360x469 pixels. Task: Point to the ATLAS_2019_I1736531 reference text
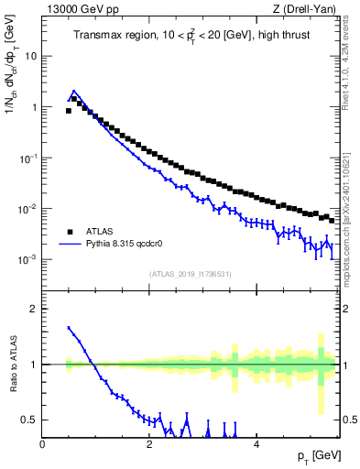pos(188,274)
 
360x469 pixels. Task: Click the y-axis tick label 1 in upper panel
pos(34,107)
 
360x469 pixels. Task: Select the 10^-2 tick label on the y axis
pos(28,209)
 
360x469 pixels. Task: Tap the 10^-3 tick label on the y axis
pos(28,260)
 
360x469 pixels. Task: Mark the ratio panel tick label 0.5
pos(30,420)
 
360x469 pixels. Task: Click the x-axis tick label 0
pos(42,444)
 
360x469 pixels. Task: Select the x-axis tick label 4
pos(256,444)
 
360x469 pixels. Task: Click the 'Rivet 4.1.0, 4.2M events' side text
pos(352,63)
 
